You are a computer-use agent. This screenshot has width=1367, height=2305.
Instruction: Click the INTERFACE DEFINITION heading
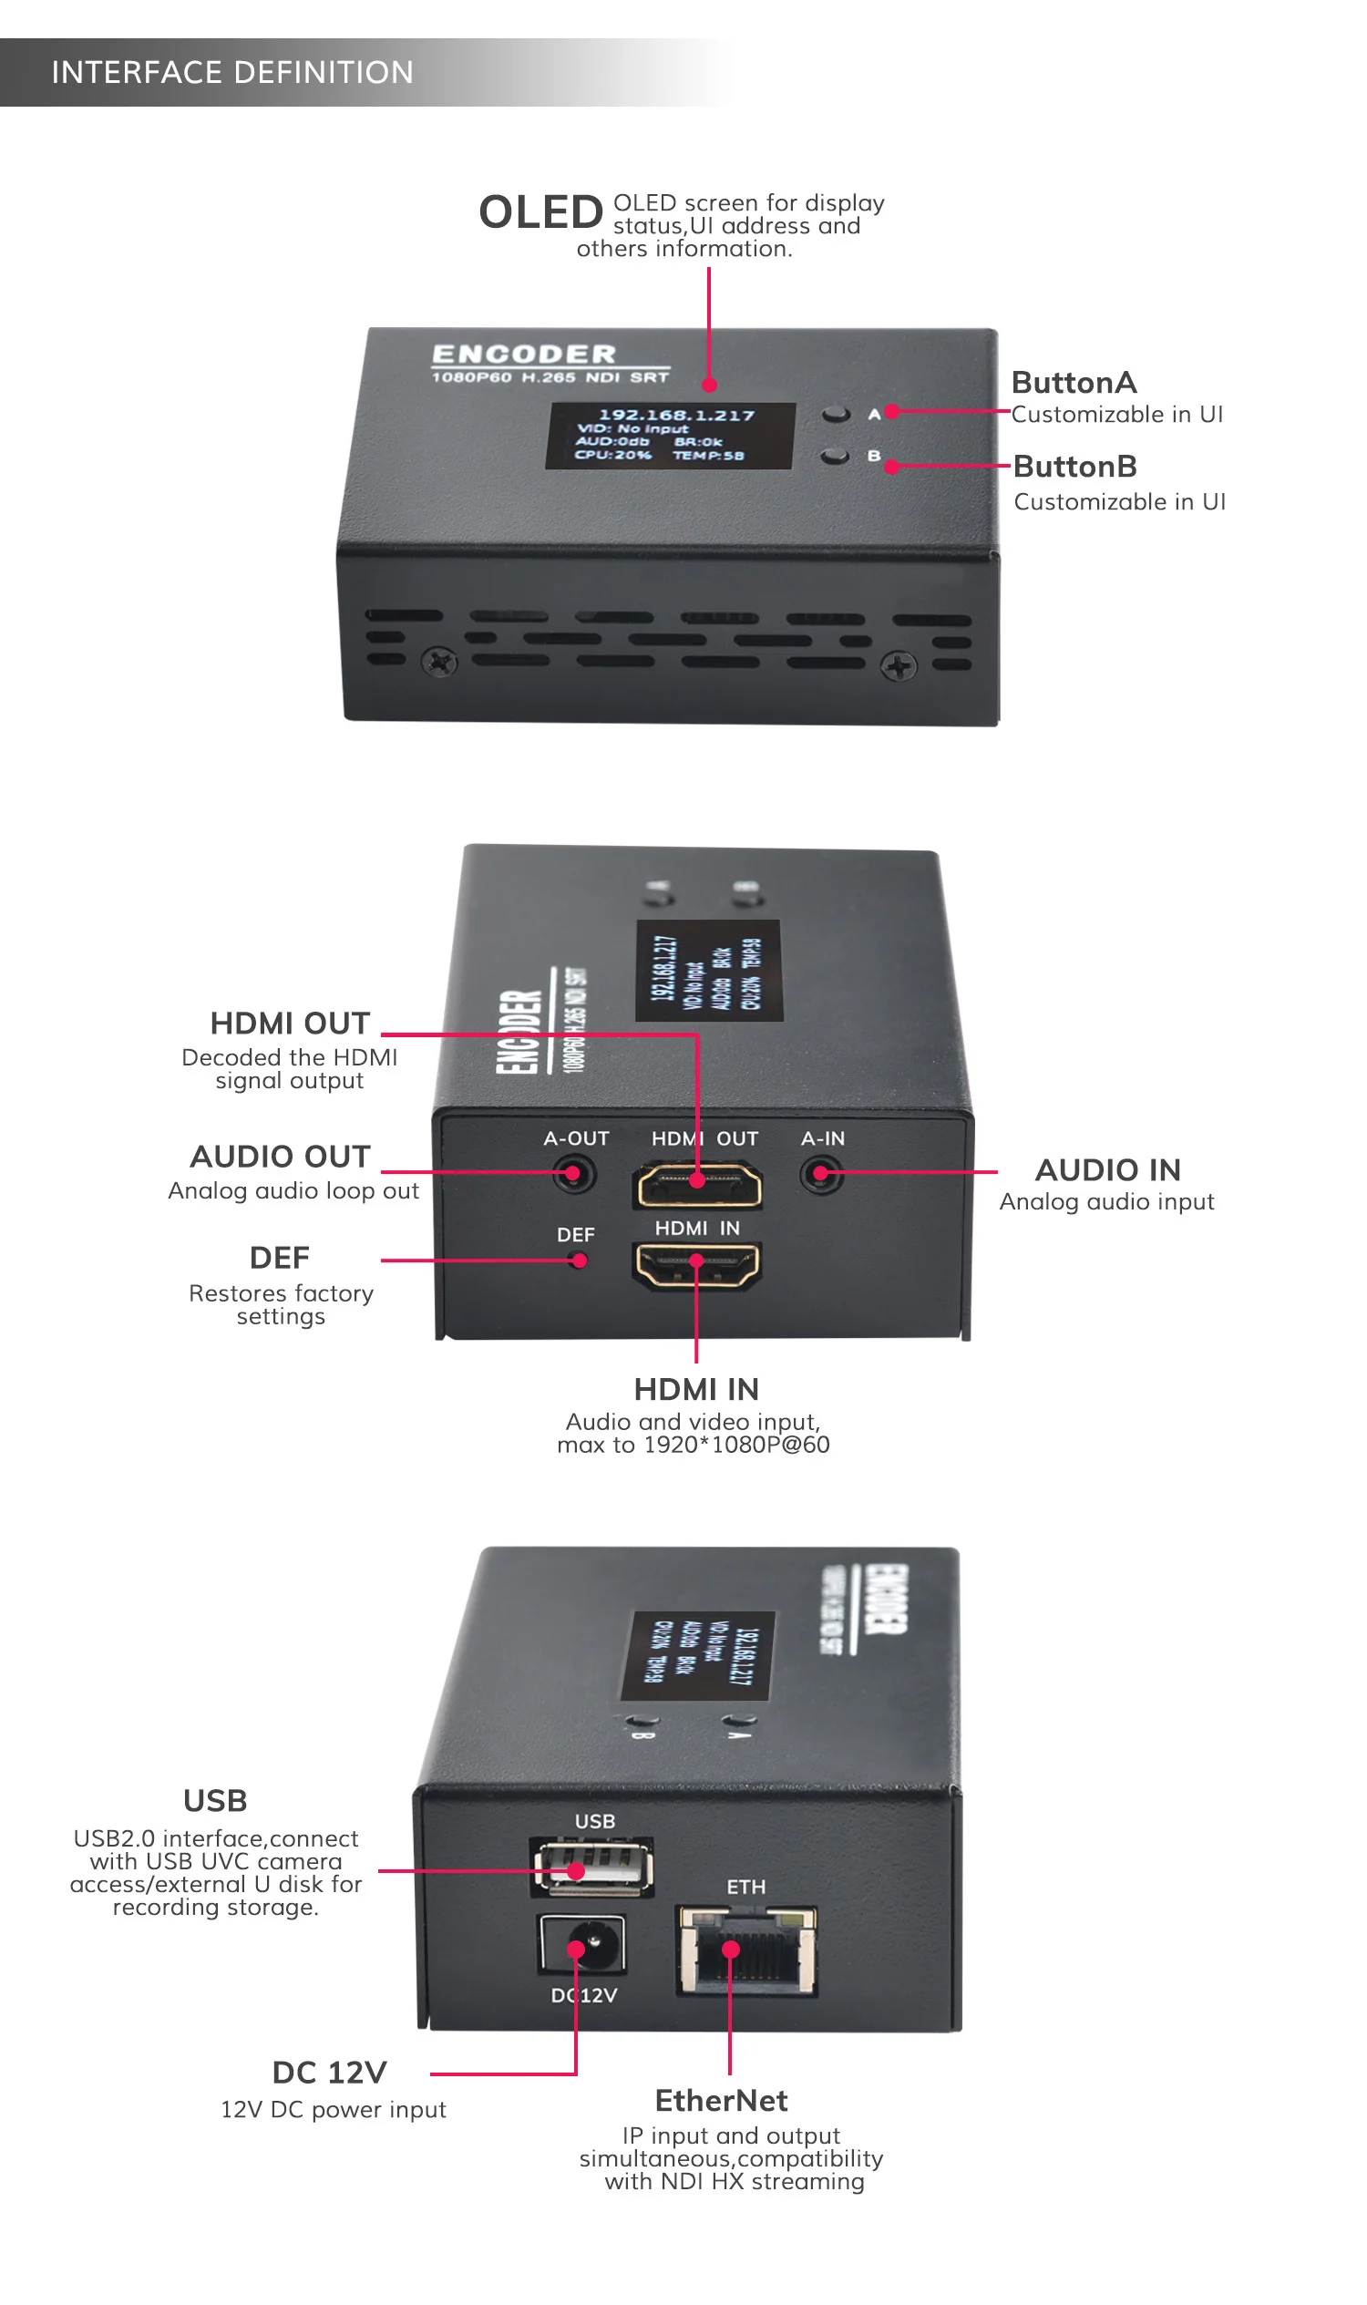[232, 72]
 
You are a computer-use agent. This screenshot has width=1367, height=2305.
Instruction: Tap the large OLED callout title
[540, 212]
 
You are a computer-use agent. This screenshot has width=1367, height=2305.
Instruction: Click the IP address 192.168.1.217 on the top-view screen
[676, 416]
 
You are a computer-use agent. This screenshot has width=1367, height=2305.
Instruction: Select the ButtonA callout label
[1074, 382]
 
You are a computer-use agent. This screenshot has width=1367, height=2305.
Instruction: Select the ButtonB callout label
[1075, 466]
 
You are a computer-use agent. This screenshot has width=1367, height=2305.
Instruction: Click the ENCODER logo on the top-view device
[524, 355]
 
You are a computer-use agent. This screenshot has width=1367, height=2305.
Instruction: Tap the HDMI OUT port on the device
[698, 1185]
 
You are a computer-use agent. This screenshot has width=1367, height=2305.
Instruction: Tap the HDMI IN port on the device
[697, 1265]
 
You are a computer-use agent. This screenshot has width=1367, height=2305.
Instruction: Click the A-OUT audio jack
[574, 1175]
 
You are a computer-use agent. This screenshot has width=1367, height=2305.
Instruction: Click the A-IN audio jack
[822, 1175]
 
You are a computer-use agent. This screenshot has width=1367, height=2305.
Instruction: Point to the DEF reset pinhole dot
[580, 1261]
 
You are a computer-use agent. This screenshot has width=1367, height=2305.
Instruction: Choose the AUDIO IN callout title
[1108, 1170]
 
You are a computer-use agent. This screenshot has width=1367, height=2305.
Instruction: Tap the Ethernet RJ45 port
[747, 1951]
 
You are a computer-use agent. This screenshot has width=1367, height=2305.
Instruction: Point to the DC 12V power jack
[583, 1945]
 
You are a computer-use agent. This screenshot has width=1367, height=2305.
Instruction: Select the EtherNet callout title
[721, 2102]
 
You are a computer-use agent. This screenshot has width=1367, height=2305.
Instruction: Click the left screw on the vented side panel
[439, 662]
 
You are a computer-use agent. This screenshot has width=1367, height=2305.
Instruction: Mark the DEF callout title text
[280, 1259]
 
